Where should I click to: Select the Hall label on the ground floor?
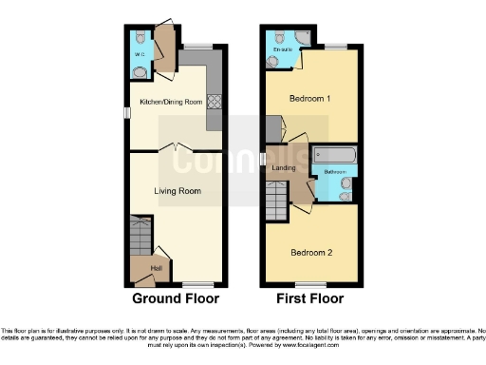coord(156,267)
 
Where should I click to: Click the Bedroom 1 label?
coord(309,99)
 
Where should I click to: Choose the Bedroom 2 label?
coord(309,252)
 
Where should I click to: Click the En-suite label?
coord(281,48)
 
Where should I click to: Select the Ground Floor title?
coord(176,298)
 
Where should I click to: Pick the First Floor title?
coord(309,298)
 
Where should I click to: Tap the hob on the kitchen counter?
coord(214,101)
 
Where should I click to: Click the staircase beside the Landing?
coord(275,198)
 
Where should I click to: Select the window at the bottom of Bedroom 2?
coord(309,284)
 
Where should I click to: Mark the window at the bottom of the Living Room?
coord(196,284)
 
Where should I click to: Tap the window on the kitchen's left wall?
coord(126,112)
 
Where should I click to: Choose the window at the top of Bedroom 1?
coord(337,45)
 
